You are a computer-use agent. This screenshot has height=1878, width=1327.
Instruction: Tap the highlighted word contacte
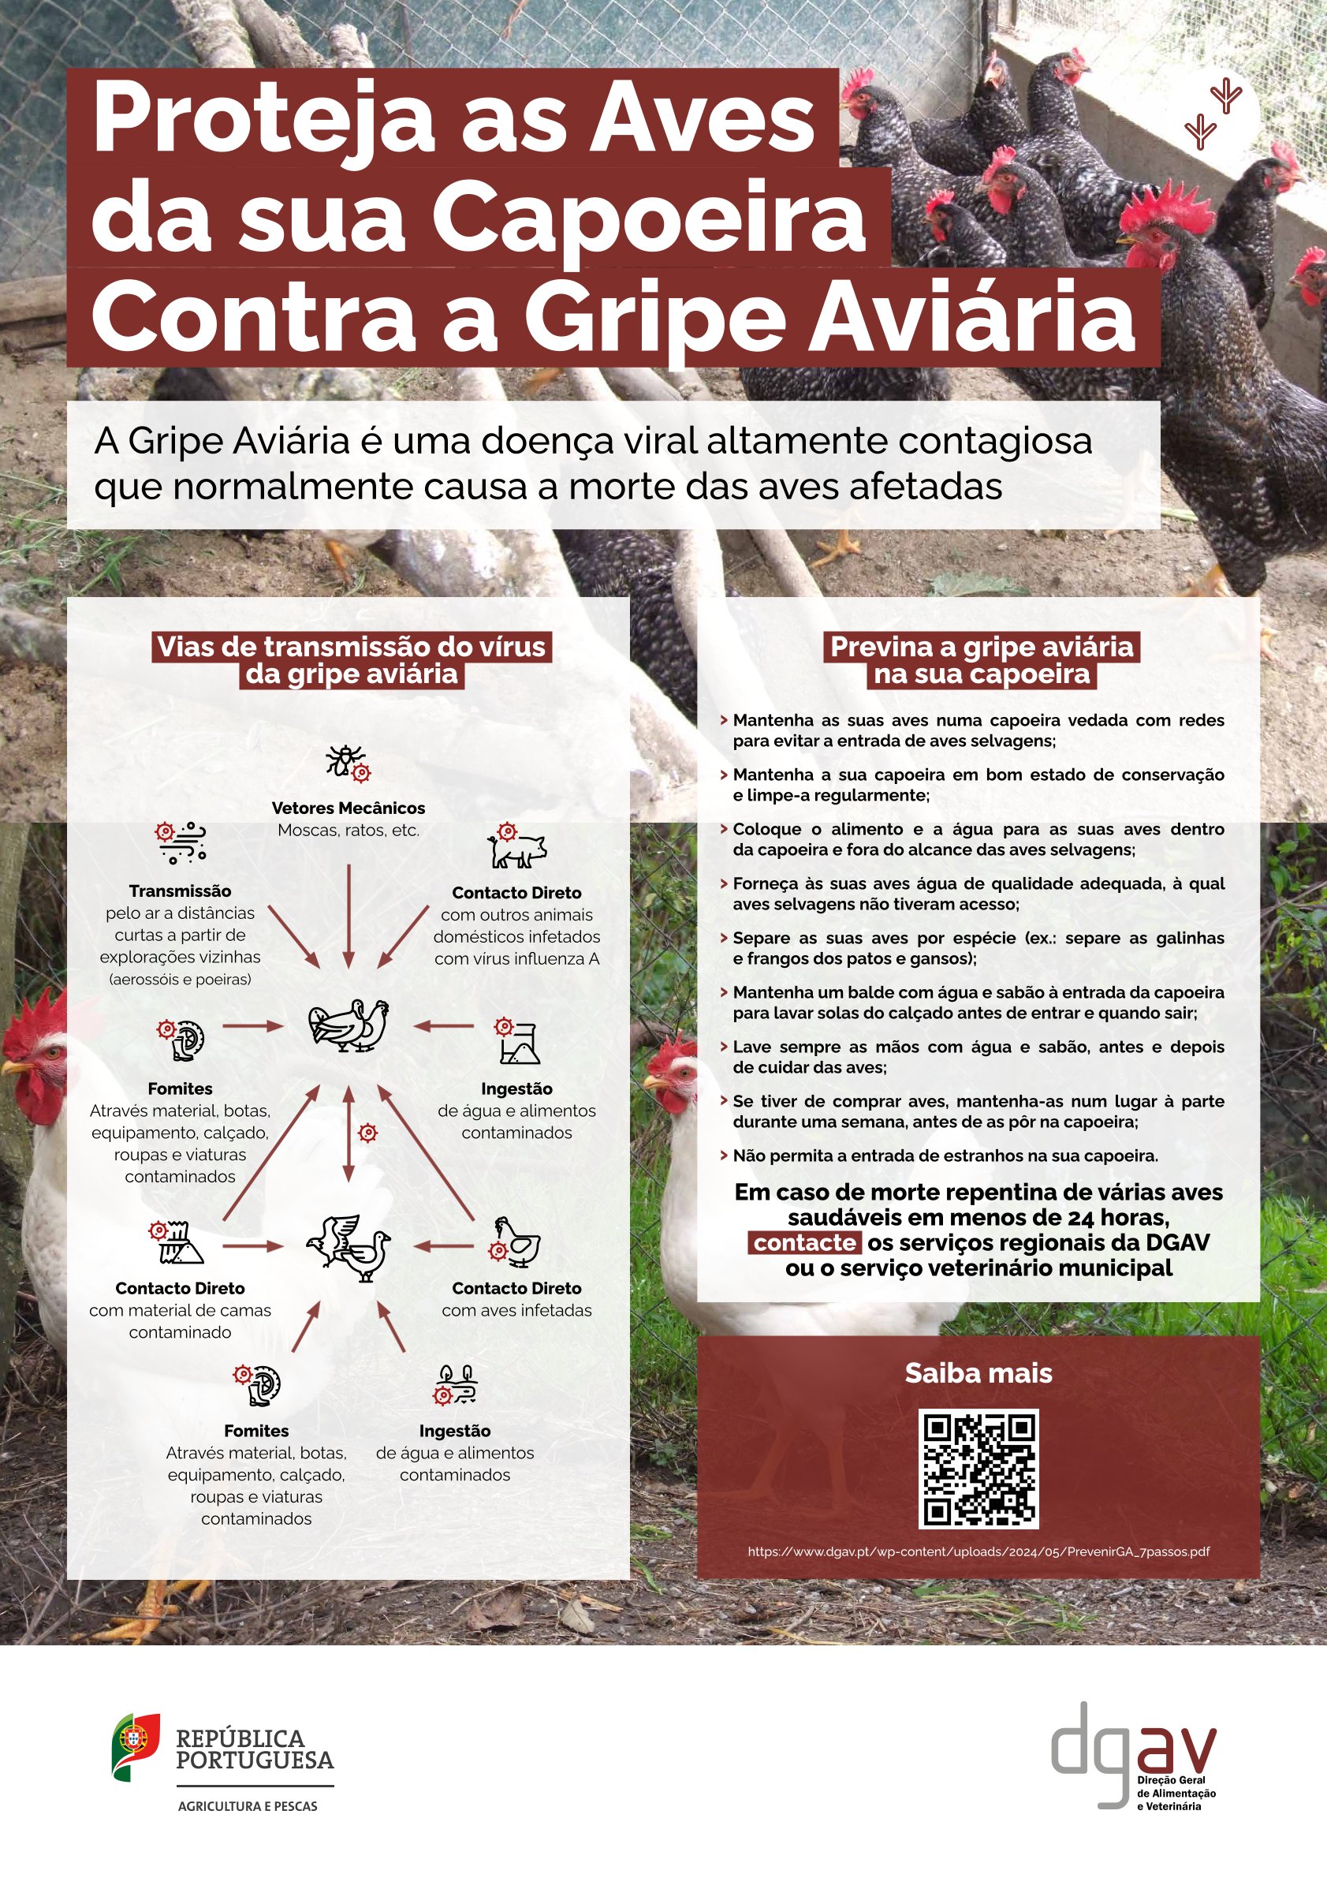pyautogui.click(x=804, y=1242)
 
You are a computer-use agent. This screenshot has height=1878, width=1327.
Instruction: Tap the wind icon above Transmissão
pyautogui.click(x=181, y=842)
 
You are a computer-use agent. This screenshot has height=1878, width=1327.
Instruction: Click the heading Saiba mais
pyautogui.click(x=978, y=1373)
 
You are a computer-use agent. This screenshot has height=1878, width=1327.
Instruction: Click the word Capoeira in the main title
pyautogui.click(x=647, y=217)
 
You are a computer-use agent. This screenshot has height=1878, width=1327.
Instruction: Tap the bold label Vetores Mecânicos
pyautogui.click(x=349, y=808)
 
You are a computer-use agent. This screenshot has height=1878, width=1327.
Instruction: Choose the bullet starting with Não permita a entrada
pyautogui.click(x=945, y=1156)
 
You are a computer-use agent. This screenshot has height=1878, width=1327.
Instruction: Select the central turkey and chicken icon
pyautogui.click(x=349, y=1025)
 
